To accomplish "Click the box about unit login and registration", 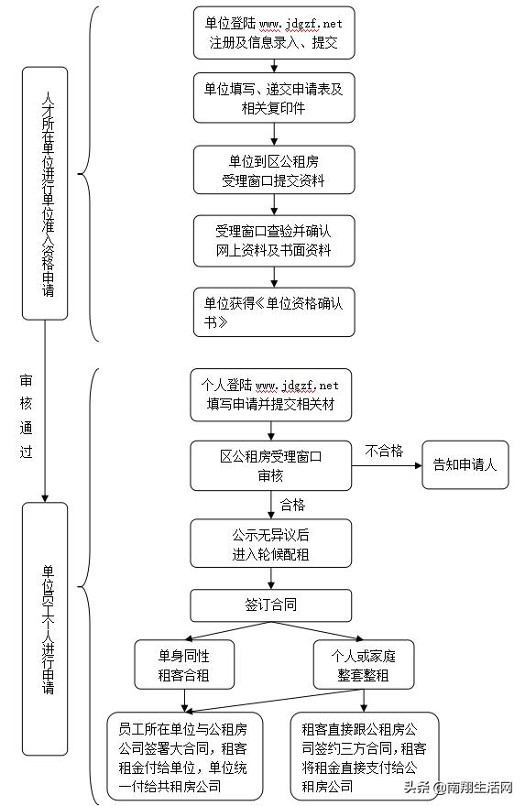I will (x=273, y=33).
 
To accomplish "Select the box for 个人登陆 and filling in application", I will (x=271, y=395).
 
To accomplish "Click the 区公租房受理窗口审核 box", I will (x=271, y=465).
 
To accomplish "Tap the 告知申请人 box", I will (x=465, y=465).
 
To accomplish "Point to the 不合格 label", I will (x=384, y=451).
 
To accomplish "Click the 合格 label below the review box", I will (x=292, y=504).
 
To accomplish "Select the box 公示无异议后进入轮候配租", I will (x=271, y=544).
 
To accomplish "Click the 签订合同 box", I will (x=271, y=604).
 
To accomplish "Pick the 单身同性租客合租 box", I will (x=184, y=665).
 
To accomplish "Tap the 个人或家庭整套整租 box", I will (x=363, y=665).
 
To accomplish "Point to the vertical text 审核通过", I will (x=27, y=416).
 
